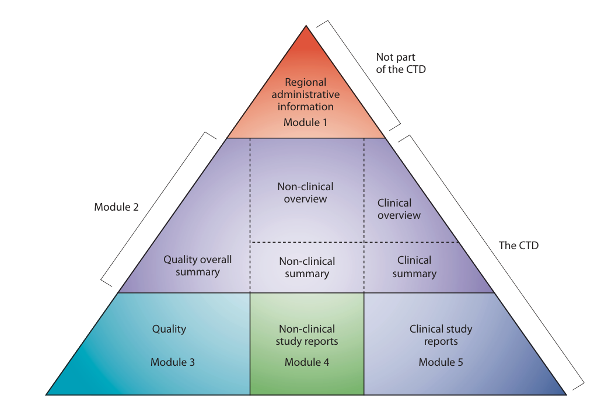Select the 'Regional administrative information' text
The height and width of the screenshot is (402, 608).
(x=306, y=95)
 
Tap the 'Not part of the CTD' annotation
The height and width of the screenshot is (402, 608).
(x=401, y=63)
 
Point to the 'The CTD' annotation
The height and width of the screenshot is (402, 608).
(x=518, y=246)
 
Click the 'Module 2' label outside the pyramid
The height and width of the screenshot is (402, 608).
(x=116, y=207)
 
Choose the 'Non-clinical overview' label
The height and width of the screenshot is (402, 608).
(x=305, y=193)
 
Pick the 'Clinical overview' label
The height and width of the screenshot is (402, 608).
(x=399, y=209)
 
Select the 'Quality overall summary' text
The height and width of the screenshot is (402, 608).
(x=197, y=265)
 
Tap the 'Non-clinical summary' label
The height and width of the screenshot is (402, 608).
(x=307, y=267)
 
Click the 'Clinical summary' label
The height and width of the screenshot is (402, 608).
(x=414, y=267)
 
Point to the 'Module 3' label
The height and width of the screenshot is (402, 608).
(x=173, y=362)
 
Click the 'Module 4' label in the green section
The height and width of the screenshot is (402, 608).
(x=307, y=362)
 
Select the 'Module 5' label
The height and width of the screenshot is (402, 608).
(x=441, y=362)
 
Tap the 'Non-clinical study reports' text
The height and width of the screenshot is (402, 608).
(x=307, y=335)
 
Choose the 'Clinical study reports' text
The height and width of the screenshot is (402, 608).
(x=441, y=335)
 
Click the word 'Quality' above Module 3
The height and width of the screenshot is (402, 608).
(x=169, y=329)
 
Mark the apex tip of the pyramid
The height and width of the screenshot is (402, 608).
(x=306, y=26)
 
